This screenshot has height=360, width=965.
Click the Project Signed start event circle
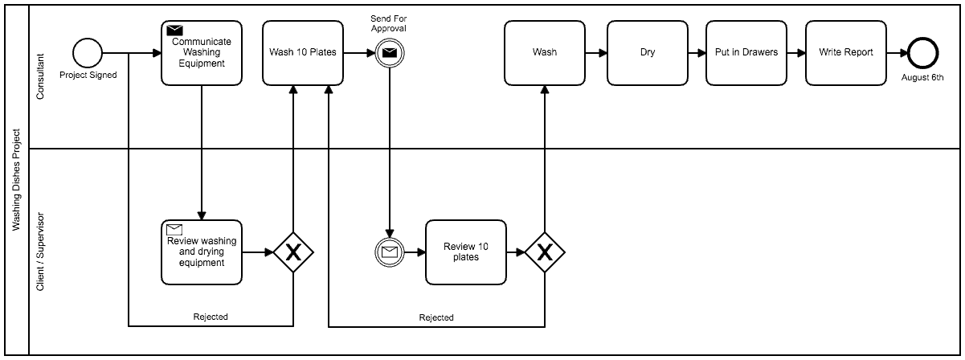88,54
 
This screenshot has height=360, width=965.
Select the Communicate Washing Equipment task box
201,53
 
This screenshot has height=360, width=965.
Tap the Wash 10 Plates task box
303,53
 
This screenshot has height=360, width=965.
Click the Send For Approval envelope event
389,54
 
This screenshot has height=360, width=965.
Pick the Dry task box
647,53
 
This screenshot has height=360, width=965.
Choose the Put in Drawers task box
746,53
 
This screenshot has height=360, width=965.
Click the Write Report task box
845,53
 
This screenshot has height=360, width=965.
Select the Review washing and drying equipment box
201,252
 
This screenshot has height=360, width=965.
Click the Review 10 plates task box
465,252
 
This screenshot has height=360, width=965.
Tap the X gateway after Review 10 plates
545,252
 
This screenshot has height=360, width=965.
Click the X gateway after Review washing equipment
293,252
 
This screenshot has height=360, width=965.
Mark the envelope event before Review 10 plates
389,252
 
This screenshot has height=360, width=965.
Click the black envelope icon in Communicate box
174,31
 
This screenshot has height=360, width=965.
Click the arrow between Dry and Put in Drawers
696,54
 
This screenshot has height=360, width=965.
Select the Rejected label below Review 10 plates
436,317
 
